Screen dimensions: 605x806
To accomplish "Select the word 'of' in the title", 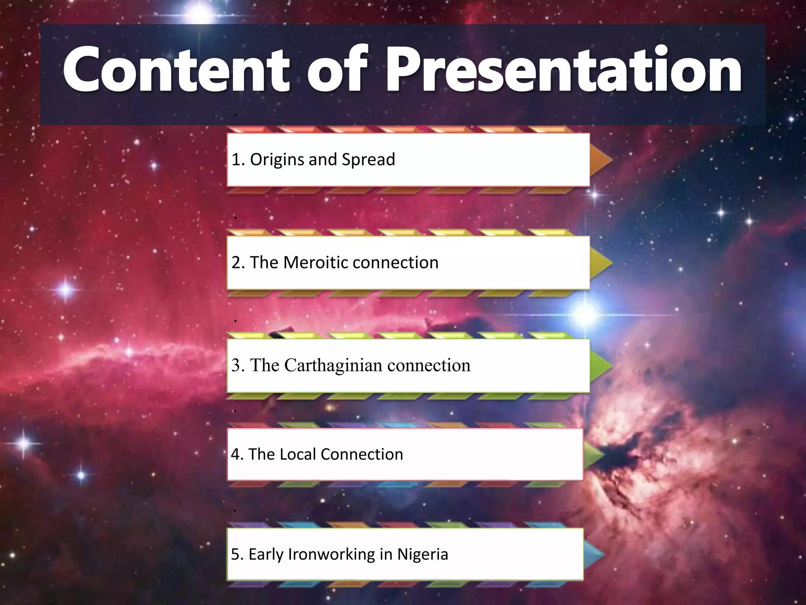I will pyautogui.click(x=337, y=70).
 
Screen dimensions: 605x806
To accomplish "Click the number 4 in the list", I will pyautogui.click(x=235, y=454).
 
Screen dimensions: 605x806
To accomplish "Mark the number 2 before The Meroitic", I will pyautogui.click(x=236, y=262).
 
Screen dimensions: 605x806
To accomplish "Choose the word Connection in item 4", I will pyautogui.click(x=362, y=454).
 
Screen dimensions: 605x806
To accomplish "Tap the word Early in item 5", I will pyautogui.click(x=266, y=554).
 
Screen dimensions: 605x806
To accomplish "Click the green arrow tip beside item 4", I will pyautogui.click(x=593, y=454).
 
